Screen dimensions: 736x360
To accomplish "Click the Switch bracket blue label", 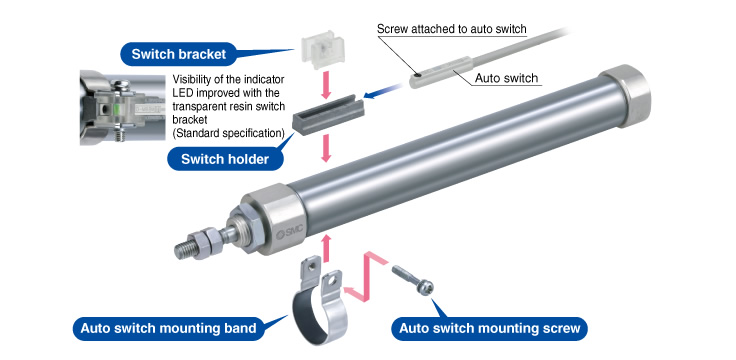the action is point(179,54).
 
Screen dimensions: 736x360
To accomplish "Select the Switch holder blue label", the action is point(225,159).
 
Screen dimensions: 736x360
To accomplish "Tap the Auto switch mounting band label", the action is point(169,328).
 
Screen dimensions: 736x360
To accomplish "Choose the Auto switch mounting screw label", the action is point(490,328).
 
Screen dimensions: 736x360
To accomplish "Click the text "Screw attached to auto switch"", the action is point(452,29).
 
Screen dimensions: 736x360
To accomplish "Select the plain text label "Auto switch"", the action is point(506,78).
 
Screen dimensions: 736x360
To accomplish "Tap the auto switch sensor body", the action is point(440,72).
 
